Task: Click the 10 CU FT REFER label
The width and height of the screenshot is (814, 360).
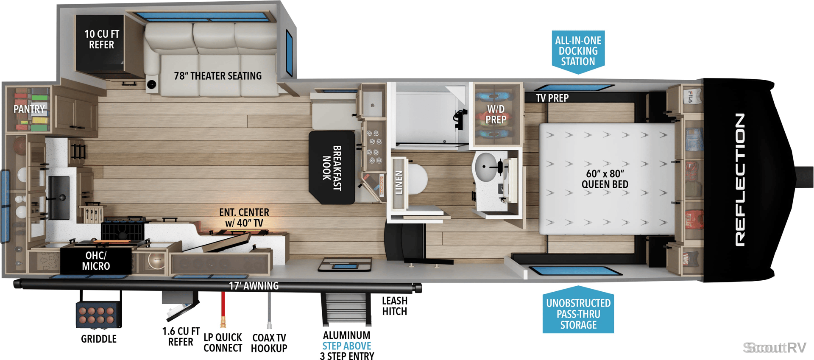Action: coord(102,39)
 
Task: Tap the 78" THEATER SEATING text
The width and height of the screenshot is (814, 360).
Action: coord(217,76)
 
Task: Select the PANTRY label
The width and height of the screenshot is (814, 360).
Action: coord(29,109)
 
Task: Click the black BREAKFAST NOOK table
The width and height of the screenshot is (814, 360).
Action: coord(332,167)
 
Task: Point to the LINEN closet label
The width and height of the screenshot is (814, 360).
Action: coord(399,183)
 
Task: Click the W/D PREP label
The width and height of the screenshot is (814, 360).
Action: coord(496,114)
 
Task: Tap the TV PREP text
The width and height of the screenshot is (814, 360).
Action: coord(552,98)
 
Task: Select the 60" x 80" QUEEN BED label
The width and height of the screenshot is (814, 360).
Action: coord(605,179)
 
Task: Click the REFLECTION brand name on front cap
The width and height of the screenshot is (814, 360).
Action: coord(740,180)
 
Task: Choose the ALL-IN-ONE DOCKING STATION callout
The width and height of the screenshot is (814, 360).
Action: coord(578,51)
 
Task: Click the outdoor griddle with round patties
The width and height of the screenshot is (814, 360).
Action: coord(98,315)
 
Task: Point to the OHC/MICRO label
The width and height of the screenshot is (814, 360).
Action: coord(96,261)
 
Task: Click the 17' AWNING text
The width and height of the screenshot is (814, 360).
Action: coord(254,286)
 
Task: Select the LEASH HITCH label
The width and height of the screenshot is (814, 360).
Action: coord(395,306)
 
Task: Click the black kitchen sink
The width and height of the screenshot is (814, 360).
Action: coord(59,198)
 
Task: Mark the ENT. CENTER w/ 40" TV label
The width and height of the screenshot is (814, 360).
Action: coord(244,218)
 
